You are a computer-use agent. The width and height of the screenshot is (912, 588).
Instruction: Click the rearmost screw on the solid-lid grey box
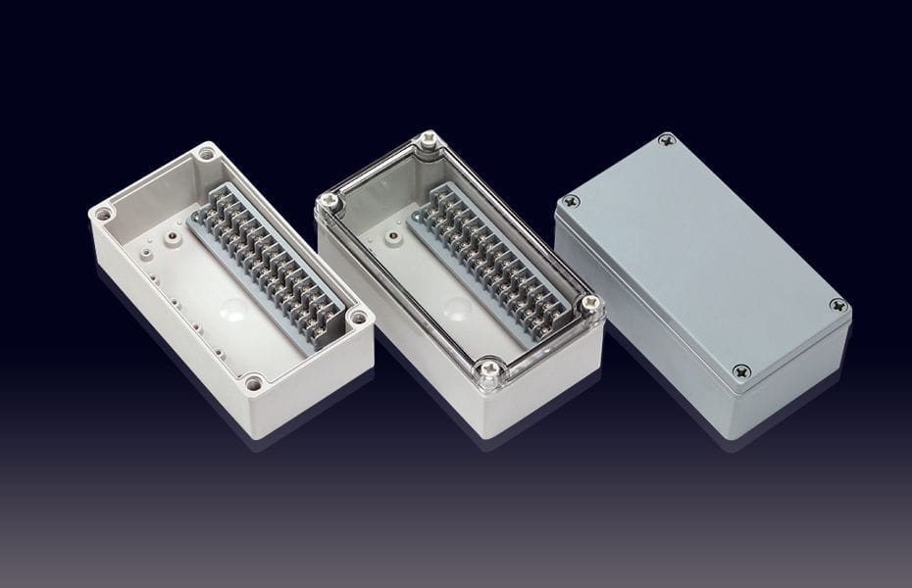point(667,141)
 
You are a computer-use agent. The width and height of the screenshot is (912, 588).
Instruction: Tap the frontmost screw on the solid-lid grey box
point(740,370)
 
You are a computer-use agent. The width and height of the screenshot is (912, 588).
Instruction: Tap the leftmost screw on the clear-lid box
point(329,201)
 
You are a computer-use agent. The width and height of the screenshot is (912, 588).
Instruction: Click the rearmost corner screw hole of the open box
point(206,154)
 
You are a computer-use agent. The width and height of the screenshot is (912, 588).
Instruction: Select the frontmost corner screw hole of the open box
point(254,382)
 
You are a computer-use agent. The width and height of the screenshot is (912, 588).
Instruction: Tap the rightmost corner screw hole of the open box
point(359,318)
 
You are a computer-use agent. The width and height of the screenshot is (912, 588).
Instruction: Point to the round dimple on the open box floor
point(233,312)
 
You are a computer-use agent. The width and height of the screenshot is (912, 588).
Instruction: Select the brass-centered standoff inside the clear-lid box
point(391,236)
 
